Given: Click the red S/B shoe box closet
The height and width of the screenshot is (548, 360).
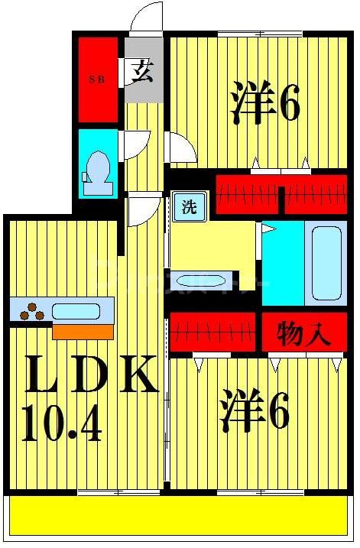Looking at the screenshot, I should click(99, 79).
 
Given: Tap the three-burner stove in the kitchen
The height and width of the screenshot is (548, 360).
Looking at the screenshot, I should click(31, 311).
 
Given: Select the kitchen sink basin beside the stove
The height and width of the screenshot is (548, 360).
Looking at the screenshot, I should click(75, 311).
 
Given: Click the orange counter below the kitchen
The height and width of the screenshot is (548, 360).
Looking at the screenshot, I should click(83, 330).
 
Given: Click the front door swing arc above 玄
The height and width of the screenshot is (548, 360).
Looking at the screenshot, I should click(147, 17).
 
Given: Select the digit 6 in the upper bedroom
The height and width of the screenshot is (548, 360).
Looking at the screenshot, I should click(289, 105).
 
